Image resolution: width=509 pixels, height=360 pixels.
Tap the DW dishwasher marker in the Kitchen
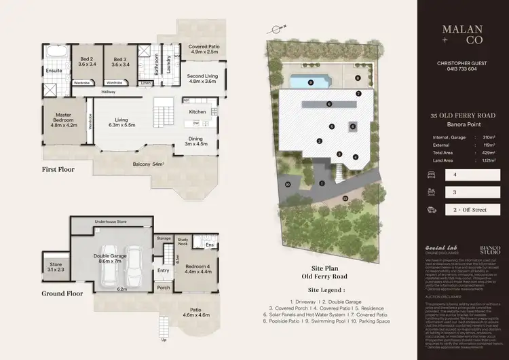(x=195, y=123)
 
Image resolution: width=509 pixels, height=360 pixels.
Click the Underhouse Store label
(x=111, y=222)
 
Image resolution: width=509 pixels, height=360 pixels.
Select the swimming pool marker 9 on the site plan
(x=310, y=82)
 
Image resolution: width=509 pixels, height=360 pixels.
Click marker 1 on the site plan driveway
(x=322, y=183)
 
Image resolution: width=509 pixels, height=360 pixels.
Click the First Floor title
(x=58, y=169)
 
